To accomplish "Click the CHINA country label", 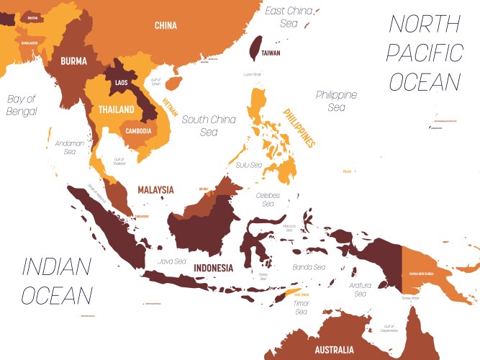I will point(166,26).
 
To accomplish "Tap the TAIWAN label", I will point(271,53).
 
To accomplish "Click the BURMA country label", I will point(74,62).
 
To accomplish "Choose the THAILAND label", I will point(117,109).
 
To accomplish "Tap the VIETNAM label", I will point(171,108).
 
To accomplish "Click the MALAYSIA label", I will point(155,190).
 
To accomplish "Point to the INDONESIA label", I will point(213,268).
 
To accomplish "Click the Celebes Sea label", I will point(268,199).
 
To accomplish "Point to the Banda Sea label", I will point(309,267).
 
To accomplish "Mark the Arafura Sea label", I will point(360,289).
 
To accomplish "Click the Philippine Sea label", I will point(336,101).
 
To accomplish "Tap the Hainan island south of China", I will point(173,84).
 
